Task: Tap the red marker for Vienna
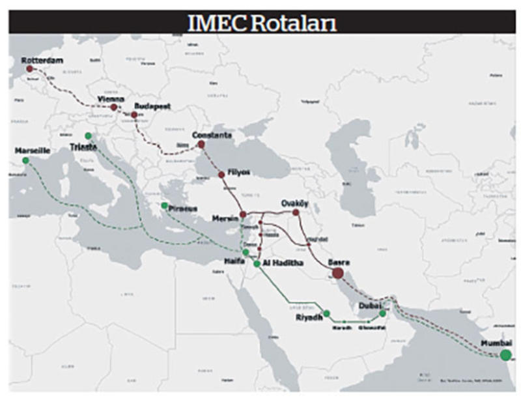[x=114, y=107]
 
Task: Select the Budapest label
[x=151, y=105]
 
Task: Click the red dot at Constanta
[x=201, y=145]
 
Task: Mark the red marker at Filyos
[x=221, y=174]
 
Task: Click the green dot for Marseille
[x=25, y=160]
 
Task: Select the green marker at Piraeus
[x=164, y=206]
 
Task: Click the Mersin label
[x=223, y=219]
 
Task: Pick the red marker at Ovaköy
[x=296, y=212]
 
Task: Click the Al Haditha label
[x=284, y=261]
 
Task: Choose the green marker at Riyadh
[x=327, y=313]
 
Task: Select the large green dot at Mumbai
[x=505, y=355]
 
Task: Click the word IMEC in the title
[x=209, y=23]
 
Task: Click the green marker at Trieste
[x=88, y=136]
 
